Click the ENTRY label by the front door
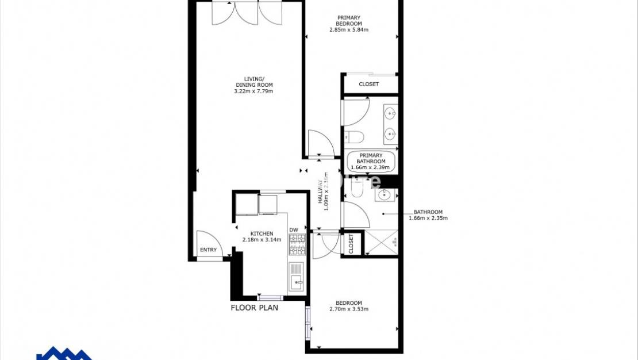208,250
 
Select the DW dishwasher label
294,230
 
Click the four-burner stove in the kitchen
297,245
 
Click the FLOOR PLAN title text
254,308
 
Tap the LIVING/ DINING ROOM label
253,82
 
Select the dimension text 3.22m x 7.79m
253,91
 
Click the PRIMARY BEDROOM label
349,20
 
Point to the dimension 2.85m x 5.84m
349,30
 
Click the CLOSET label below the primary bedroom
368,85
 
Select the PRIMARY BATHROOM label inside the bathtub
370,158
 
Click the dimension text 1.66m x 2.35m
428,218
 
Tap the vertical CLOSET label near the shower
351,244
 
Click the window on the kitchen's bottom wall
270,298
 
